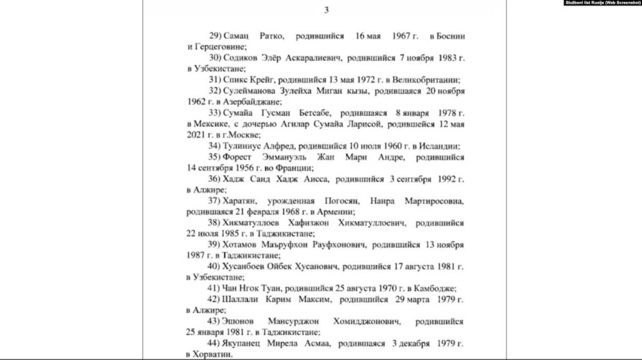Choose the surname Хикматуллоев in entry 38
(x=255, y=223)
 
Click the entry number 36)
(x=215, y=179)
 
